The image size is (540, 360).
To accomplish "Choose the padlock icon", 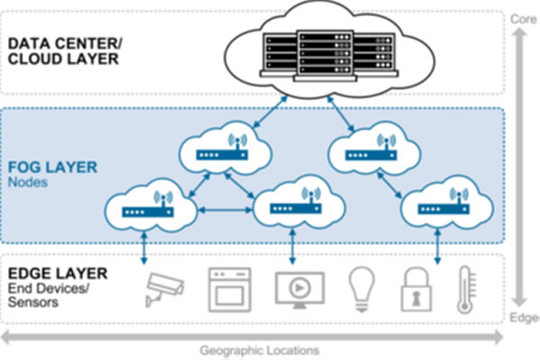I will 417,288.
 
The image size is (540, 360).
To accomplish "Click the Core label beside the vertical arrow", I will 524,18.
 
